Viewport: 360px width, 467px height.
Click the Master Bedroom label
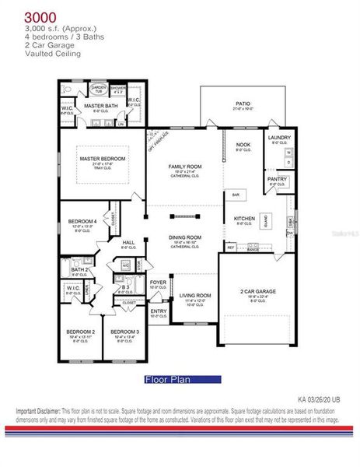[x=102, y=158]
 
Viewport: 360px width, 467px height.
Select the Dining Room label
[x=185, y=237]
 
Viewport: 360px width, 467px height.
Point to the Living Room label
[x=196, y=296]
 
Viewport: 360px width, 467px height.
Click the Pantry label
[x=278, y=178]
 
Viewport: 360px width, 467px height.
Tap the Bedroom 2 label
[x=81, y=332]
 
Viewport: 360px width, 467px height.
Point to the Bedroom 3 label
[x=124, y=332]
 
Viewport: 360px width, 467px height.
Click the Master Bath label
[x=100, y=105]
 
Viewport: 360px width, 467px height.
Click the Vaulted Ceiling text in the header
[x=48, y=54]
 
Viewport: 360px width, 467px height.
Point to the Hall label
[x=129, y=243]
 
